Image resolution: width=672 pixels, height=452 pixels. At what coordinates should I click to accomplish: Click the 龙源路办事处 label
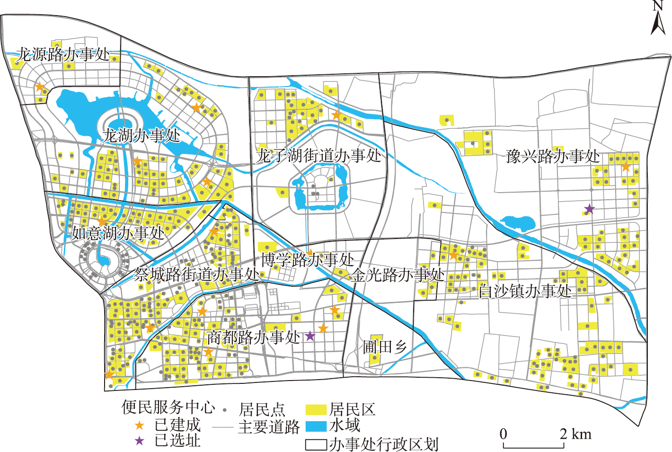click(63, 54)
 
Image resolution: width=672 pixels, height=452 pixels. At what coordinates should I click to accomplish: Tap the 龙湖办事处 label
click(141, 136)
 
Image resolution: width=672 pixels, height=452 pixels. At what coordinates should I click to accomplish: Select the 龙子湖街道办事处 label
click(318, 155)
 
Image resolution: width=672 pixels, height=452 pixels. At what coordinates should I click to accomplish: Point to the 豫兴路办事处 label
click(553, 156)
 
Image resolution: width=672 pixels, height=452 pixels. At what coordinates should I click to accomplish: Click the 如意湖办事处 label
click(118, 233)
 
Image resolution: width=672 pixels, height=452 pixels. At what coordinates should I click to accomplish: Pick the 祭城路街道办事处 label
click(197, 274)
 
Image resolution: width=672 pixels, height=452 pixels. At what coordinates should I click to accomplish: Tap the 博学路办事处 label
click(308, 259)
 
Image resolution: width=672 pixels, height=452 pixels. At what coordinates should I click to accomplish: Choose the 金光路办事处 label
click(398, 275)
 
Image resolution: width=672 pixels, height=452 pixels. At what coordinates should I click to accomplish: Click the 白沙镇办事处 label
click(525, 291)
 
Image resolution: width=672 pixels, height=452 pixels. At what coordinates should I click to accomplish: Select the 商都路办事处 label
click(254, 337)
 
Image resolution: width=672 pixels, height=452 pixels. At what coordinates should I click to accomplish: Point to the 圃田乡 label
click(385, 347)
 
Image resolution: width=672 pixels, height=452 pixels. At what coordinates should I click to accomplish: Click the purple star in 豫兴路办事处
click(589, 208)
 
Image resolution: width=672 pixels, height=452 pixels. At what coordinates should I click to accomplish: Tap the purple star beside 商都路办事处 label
click(309, 336)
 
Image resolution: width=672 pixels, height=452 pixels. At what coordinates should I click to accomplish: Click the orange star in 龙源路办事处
click(40, 87)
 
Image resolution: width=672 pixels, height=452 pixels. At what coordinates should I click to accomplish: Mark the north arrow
click(658, 19)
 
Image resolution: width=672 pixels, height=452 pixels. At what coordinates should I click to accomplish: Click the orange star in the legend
click(139, 425)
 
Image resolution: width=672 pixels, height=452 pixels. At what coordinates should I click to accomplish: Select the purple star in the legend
click(139, 441)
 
